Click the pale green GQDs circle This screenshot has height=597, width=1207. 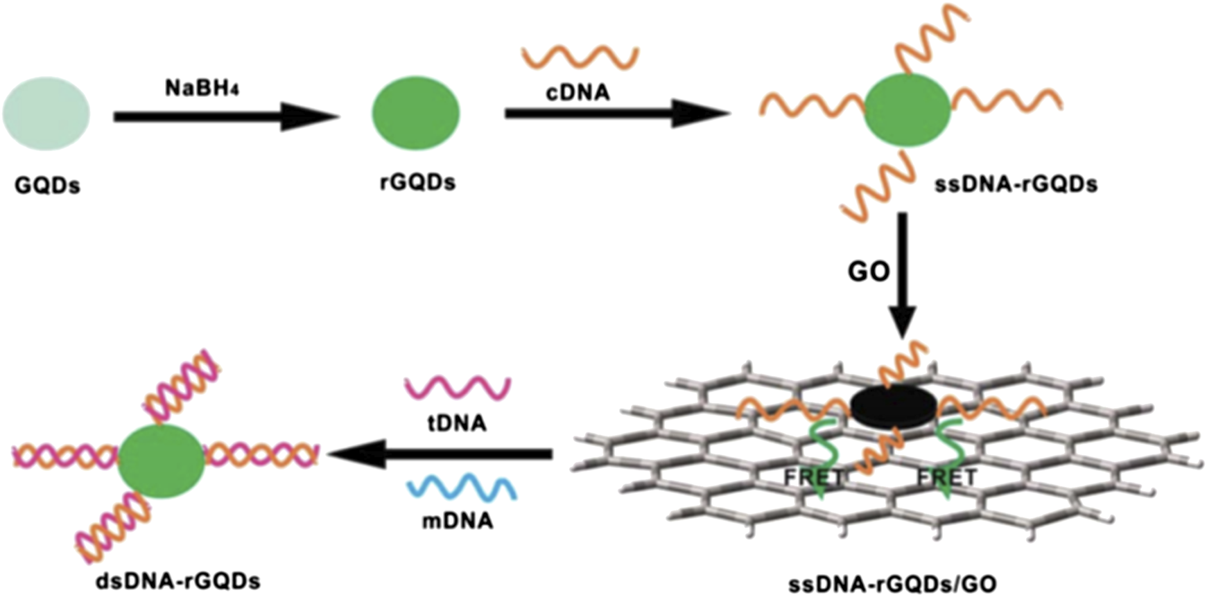tap(46, 114)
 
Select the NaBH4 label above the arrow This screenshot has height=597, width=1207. tap(202, 89)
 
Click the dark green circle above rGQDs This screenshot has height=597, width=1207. tap(416, 113)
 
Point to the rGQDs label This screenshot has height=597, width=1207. tap(417, 182)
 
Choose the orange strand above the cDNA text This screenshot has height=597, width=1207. tap(580, 57)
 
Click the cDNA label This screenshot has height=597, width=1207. tap(578, 93)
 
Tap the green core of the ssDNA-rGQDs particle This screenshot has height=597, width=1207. tap(907, 109)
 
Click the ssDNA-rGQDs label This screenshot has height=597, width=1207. tap(1016, 185)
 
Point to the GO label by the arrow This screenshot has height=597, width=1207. tap(868, 271)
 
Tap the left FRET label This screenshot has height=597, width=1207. tap(814, 478)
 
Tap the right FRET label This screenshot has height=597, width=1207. tap(946, 478)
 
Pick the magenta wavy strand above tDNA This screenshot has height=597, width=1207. tap(458, 389)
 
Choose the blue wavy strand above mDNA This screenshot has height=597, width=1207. tap(462, 486)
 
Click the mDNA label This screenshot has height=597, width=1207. tap(458, 520)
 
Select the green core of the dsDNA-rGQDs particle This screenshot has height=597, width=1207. tap(162, 461)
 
